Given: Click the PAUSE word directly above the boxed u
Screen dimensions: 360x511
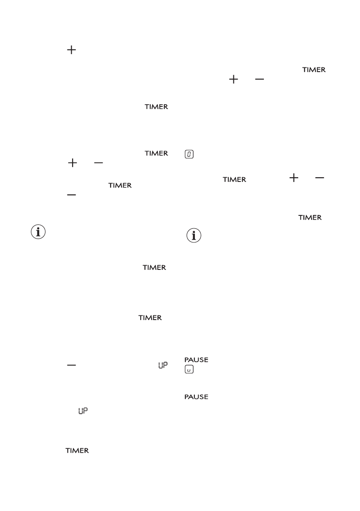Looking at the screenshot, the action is point(196,360).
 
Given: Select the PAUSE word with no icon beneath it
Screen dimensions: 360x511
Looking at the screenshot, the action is point(196,397).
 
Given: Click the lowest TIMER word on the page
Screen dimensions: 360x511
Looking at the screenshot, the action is point(77,451).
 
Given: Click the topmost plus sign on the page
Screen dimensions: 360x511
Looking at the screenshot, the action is point(70,51).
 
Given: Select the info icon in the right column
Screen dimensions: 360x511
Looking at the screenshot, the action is point(194,236).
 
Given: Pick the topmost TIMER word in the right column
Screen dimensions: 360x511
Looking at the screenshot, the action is point(314,70).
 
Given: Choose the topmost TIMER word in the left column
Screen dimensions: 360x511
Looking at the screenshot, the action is point(156,107).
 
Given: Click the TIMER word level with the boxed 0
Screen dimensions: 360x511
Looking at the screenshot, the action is point(156,153).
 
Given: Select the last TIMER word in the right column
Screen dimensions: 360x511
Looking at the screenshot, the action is point(310,218).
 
